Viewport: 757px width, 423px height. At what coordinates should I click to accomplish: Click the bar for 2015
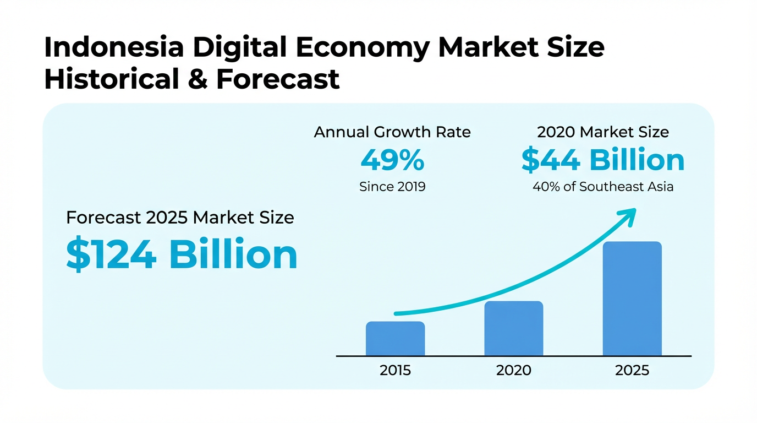click(x=395, y=339)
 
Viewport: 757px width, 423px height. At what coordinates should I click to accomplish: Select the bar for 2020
click(x=513, y=328)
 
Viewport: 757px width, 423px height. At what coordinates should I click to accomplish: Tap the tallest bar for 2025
click(x=632, y=299)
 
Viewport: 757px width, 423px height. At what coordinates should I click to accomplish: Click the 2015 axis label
click(x=395, y=370)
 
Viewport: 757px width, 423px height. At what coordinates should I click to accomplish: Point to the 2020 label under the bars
click(x=513, y=370)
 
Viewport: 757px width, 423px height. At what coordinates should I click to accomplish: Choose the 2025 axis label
click(x=632, y=370)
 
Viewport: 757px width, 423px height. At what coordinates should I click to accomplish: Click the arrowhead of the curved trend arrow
click(x=628, y=215)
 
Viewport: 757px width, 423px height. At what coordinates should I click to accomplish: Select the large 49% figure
click(x=392, y=160)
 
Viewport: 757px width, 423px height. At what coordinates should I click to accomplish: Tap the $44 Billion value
click(x=602, y=160)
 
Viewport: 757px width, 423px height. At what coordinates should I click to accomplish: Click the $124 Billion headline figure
click(x=182, y=255)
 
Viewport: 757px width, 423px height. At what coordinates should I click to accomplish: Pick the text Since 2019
click(x=392, y=187)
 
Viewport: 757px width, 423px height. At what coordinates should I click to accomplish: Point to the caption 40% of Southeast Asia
click(x=602, y=187)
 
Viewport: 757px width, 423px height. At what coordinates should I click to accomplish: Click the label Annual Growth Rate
click(x=392, y=133)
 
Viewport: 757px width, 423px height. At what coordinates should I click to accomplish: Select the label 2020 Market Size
click(x=602, y=133)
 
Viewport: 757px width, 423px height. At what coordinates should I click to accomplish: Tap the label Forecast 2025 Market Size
click(x=180, y=218)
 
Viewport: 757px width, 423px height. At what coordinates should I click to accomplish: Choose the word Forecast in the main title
click(x=277, y=79)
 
